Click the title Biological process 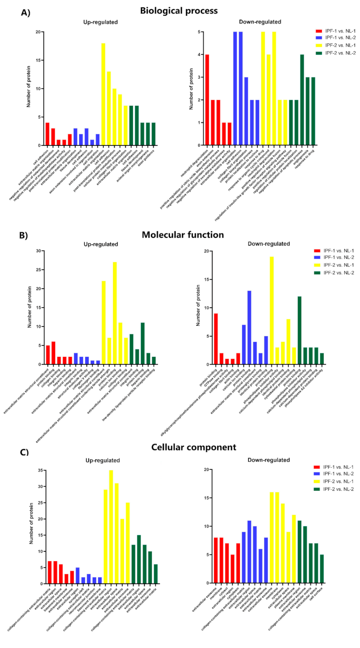point(179,11)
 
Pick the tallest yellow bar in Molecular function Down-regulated point(271,310)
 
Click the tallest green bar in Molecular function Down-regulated point(299,330)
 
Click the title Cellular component point(194,447)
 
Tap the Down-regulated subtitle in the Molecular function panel point(268,244)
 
